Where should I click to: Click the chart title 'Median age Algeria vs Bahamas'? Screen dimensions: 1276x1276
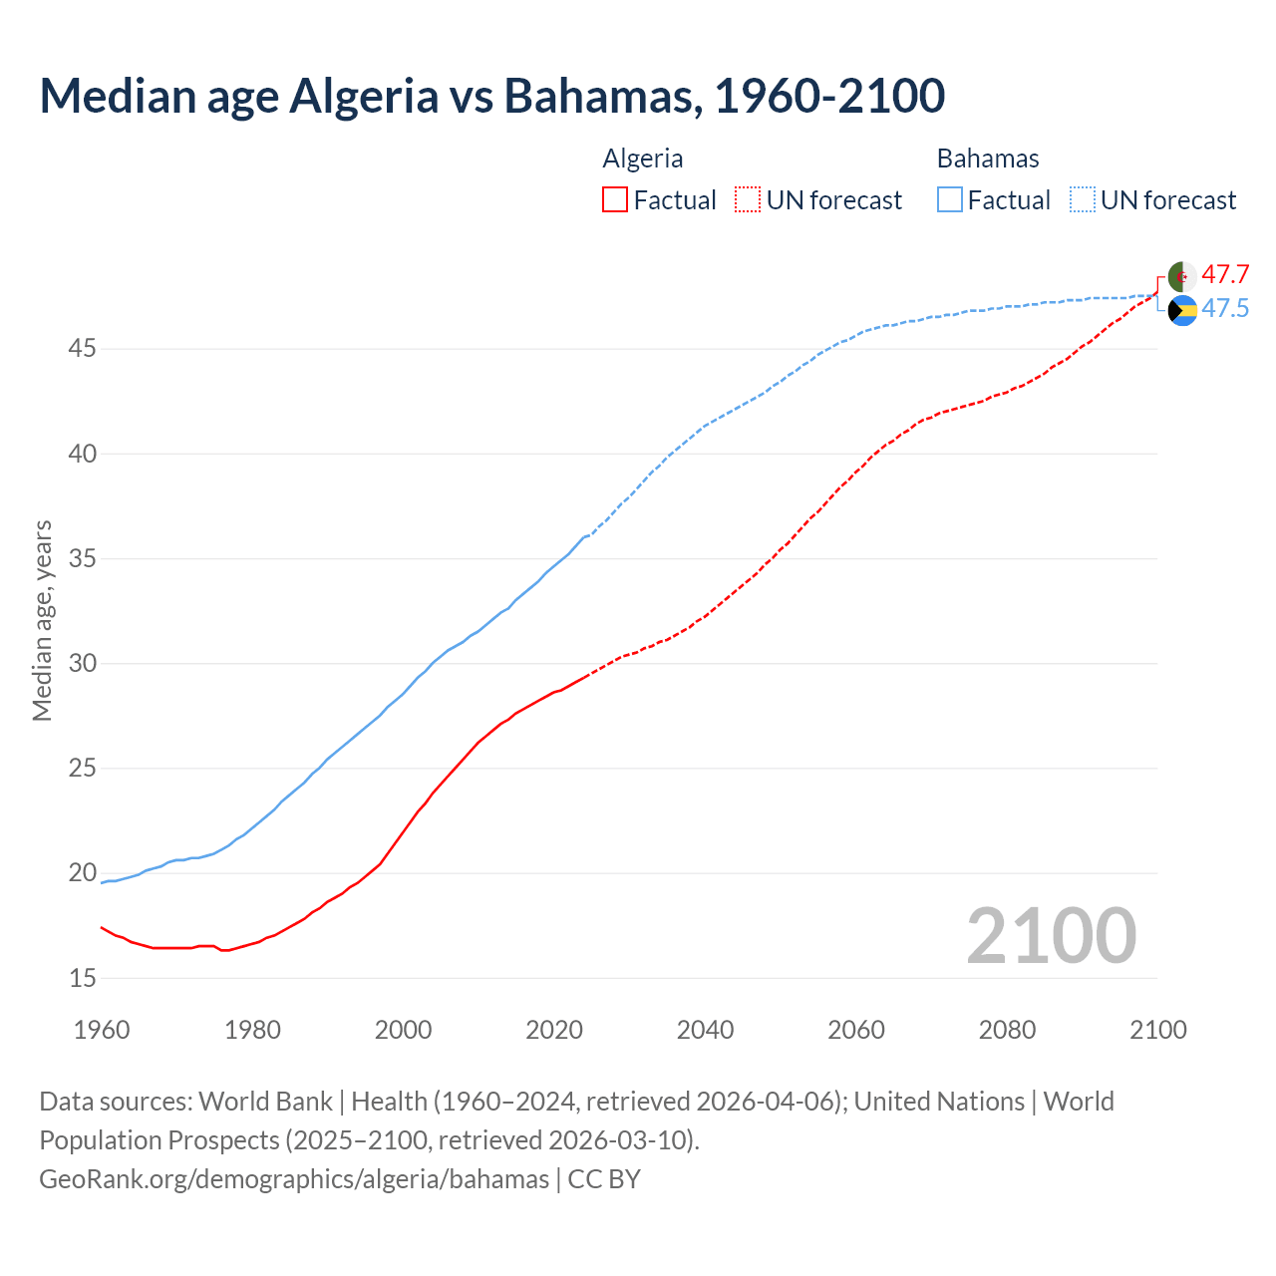[491, 96]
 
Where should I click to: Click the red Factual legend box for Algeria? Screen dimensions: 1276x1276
[615, 200]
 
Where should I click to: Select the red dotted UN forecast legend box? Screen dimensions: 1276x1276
[748, 200]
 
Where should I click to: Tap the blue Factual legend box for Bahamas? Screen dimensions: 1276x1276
[950, 200]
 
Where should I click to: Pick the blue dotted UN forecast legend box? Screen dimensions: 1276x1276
[1083, 200]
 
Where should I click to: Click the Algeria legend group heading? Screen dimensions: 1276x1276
[643, 159]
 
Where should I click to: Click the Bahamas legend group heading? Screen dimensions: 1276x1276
[988, 159]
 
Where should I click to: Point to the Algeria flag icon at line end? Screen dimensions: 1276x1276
[1182, 276]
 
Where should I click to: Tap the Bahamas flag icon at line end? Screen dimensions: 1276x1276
[1182, 311]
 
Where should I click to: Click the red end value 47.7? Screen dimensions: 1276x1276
[1225, 275]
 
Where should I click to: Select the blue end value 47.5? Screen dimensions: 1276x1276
[1225, 309]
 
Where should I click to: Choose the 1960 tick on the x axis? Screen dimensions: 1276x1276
[102, 1030]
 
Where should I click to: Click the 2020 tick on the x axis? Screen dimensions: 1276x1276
[554, 1030]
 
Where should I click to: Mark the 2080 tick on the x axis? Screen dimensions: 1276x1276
[1007, 1030]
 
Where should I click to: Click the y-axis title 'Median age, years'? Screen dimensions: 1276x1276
[42, 620]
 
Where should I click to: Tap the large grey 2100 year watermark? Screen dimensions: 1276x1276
[1051, 935]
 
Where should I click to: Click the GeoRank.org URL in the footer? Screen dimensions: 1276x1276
[294, 1179]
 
